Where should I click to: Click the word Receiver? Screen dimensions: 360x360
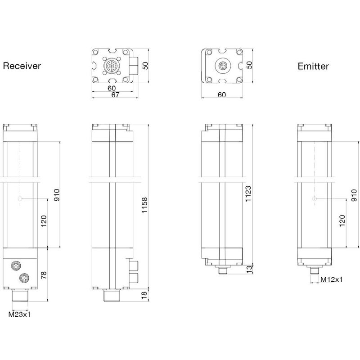(x=22, y=66)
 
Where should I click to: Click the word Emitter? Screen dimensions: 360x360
(x=313, y=67)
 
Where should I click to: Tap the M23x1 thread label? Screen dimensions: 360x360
(x=20, y=314)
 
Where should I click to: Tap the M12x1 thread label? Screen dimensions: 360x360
(x=332, y=279)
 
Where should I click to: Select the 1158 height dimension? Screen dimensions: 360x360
(x=144, y=207)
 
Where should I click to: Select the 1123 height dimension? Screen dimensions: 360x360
(x=247, y=193)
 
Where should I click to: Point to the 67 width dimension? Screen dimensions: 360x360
(x=115, y=95)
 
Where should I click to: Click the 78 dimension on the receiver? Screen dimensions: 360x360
(x=44, y=275)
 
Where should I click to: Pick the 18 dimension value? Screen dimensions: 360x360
(x=144, y=295)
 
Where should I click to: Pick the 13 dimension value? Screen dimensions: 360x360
(x=248, y=269)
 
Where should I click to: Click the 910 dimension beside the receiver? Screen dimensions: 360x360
(x=56, y=194)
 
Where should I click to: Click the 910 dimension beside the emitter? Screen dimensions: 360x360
(x=354, y=194)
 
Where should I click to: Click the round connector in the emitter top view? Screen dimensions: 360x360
(x=222, y=66)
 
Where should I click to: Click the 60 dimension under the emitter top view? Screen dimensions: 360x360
(x=221, y=95)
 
